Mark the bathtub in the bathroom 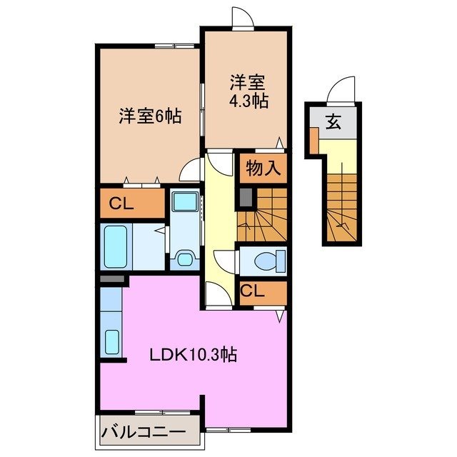pyautogui.click(x=115, y=246)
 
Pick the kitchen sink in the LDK pyautogui.click(x=112, y=343)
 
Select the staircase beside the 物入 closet pyautogui.click(x=263, y=215)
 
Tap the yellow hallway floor pyautogui.click(x=221, y=214)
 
